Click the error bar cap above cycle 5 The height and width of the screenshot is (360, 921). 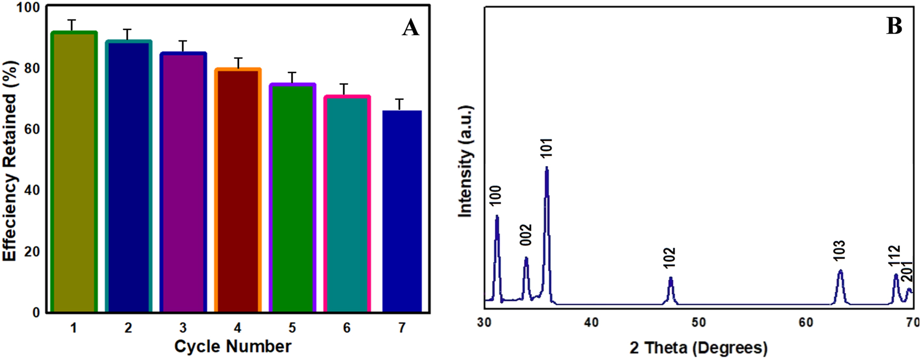(292, 73)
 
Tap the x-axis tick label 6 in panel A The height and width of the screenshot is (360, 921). (347, 328)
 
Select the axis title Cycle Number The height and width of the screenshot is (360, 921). (232, 347)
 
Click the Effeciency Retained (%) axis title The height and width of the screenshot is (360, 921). (10, 161)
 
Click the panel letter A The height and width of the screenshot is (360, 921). (411, 27)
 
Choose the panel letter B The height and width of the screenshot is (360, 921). (894, 25)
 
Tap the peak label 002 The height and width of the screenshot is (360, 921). (526, 235)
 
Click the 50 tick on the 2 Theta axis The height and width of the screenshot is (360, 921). (699, 322)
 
